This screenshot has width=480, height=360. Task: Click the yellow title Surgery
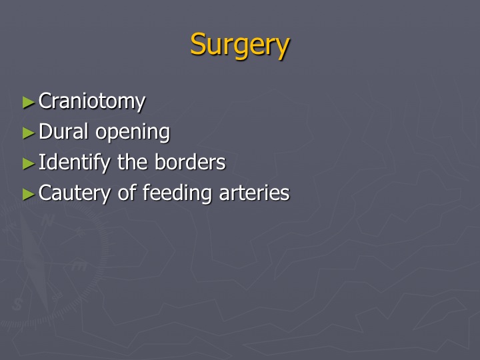coord(240,45)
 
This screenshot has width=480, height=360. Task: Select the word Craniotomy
coord(92,101)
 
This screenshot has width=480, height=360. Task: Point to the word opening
coord(133,133)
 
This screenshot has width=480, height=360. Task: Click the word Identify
coord(75,163)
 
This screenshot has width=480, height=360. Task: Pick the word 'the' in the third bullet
coord(133,161)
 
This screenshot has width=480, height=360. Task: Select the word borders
coord(190,161)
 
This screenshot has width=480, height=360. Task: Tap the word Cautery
coord(75,193)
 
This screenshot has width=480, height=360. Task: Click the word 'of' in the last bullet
coord(127,192)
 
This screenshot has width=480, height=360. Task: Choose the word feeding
coord(177,193)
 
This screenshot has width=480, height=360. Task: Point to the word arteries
coord(254,193)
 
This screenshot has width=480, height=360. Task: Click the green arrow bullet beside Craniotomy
coord(29,103)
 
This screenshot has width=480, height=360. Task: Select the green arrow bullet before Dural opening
coord(29,133)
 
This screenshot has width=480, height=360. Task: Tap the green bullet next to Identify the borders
coord(29,164)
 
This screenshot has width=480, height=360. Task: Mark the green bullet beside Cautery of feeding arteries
coord(29,195)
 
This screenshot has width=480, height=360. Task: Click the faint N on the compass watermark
coord(47,220)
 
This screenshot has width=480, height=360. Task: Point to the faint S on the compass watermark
coord(17,304)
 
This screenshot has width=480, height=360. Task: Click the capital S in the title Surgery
coord(198,45)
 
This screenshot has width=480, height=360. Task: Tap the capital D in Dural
coord(45,131)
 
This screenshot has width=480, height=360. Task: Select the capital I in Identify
coord(42,161)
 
